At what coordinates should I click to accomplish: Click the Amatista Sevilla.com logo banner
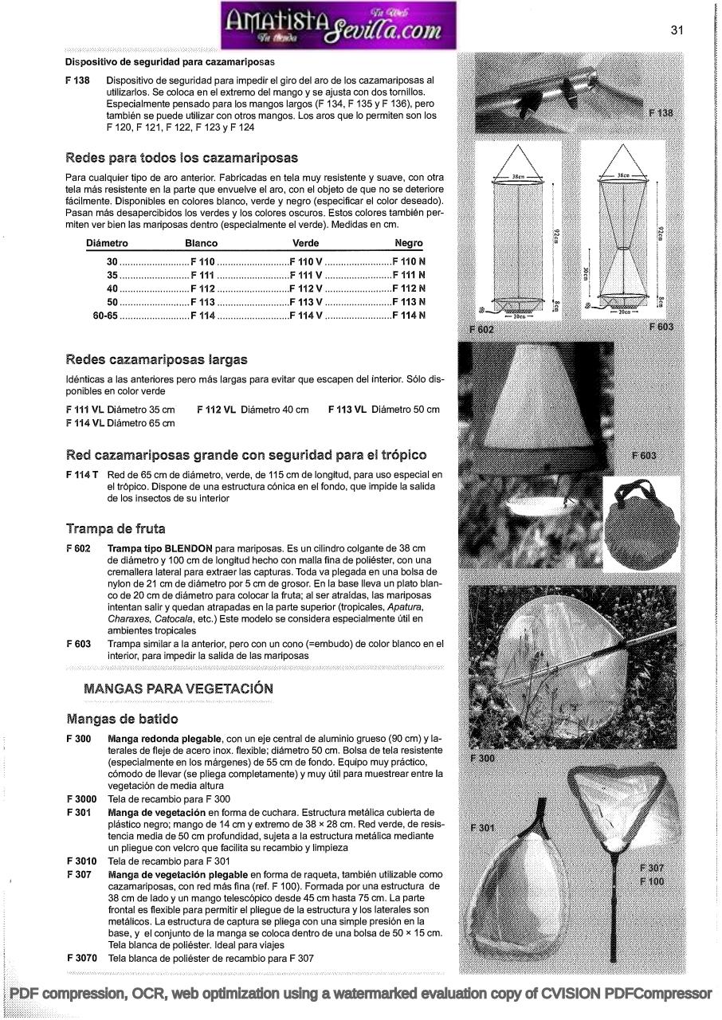coord(338,25)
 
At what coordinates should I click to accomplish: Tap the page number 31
coord(677,30)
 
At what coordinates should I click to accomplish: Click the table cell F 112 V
coord(306,288)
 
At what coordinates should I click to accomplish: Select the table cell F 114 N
coord(409,315)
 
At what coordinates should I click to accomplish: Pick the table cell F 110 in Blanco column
coord(202,261)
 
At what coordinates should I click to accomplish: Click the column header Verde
coord(306,243)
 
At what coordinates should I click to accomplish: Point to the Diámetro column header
coord(107,243)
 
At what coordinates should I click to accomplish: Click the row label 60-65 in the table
coord(105,315)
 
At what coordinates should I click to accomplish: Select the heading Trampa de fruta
coord(116,528)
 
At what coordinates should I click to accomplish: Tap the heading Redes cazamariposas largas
coord(156,360)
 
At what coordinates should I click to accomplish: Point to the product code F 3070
coord(82,959)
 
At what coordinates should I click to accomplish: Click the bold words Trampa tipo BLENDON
coord(159,549)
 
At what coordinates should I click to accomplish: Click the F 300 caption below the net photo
coord(483,759)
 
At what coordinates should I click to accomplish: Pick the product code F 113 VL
coord(347,410)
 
